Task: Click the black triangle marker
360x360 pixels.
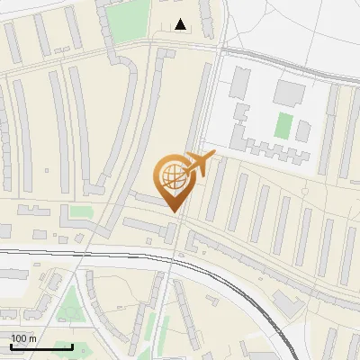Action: (x=182, y=24)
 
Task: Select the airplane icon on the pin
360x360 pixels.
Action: (x=200, y=165)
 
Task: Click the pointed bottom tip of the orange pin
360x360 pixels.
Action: (x=174, y=212)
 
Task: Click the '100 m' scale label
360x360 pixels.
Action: (x=23, y=337)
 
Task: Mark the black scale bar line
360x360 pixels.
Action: (x=41, y=346)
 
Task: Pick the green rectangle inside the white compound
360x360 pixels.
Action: (x=283, y=125)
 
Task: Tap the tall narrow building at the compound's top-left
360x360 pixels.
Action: (x=240, y=83)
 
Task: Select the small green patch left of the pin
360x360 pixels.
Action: (x=81, y=212)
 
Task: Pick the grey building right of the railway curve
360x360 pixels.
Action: (x=288, y=302)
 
